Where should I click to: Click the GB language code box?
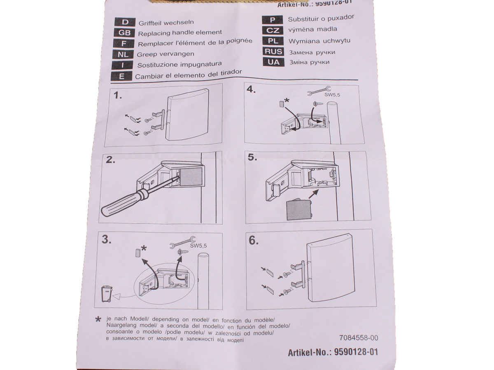124,33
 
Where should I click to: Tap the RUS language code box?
273,51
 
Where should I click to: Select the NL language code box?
123,54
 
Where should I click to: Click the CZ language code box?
273,30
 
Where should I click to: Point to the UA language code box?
273,62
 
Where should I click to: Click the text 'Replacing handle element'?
180,33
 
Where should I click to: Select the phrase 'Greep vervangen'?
165,54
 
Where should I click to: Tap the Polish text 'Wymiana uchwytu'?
319,41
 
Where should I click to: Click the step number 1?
118,95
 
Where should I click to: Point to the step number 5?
252,157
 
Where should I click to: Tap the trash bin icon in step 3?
107,294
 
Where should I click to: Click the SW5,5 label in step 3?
198,246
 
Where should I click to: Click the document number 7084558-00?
359,338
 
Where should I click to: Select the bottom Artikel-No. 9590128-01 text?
333,352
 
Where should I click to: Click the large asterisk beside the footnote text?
98,319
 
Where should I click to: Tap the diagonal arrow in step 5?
314,194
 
